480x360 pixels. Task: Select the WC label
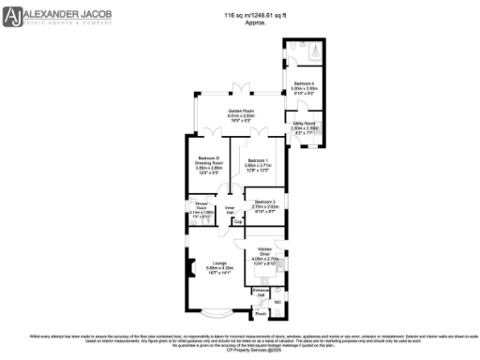(x=277, y=302)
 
